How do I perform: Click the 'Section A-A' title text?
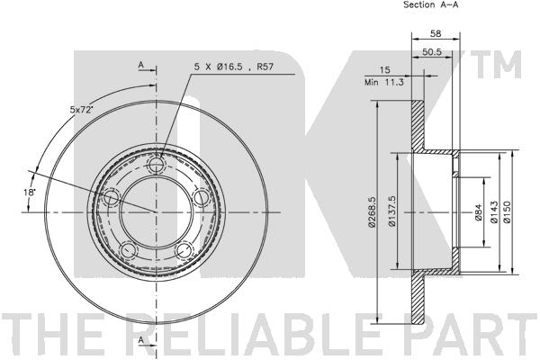431,4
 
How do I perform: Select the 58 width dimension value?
436,34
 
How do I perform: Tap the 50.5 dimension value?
432,52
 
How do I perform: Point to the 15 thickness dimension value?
384,70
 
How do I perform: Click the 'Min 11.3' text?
384,82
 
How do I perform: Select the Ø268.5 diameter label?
372,211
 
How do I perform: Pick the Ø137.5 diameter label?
391,211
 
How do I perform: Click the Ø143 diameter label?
494,211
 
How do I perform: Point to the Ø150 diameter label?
508,211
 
